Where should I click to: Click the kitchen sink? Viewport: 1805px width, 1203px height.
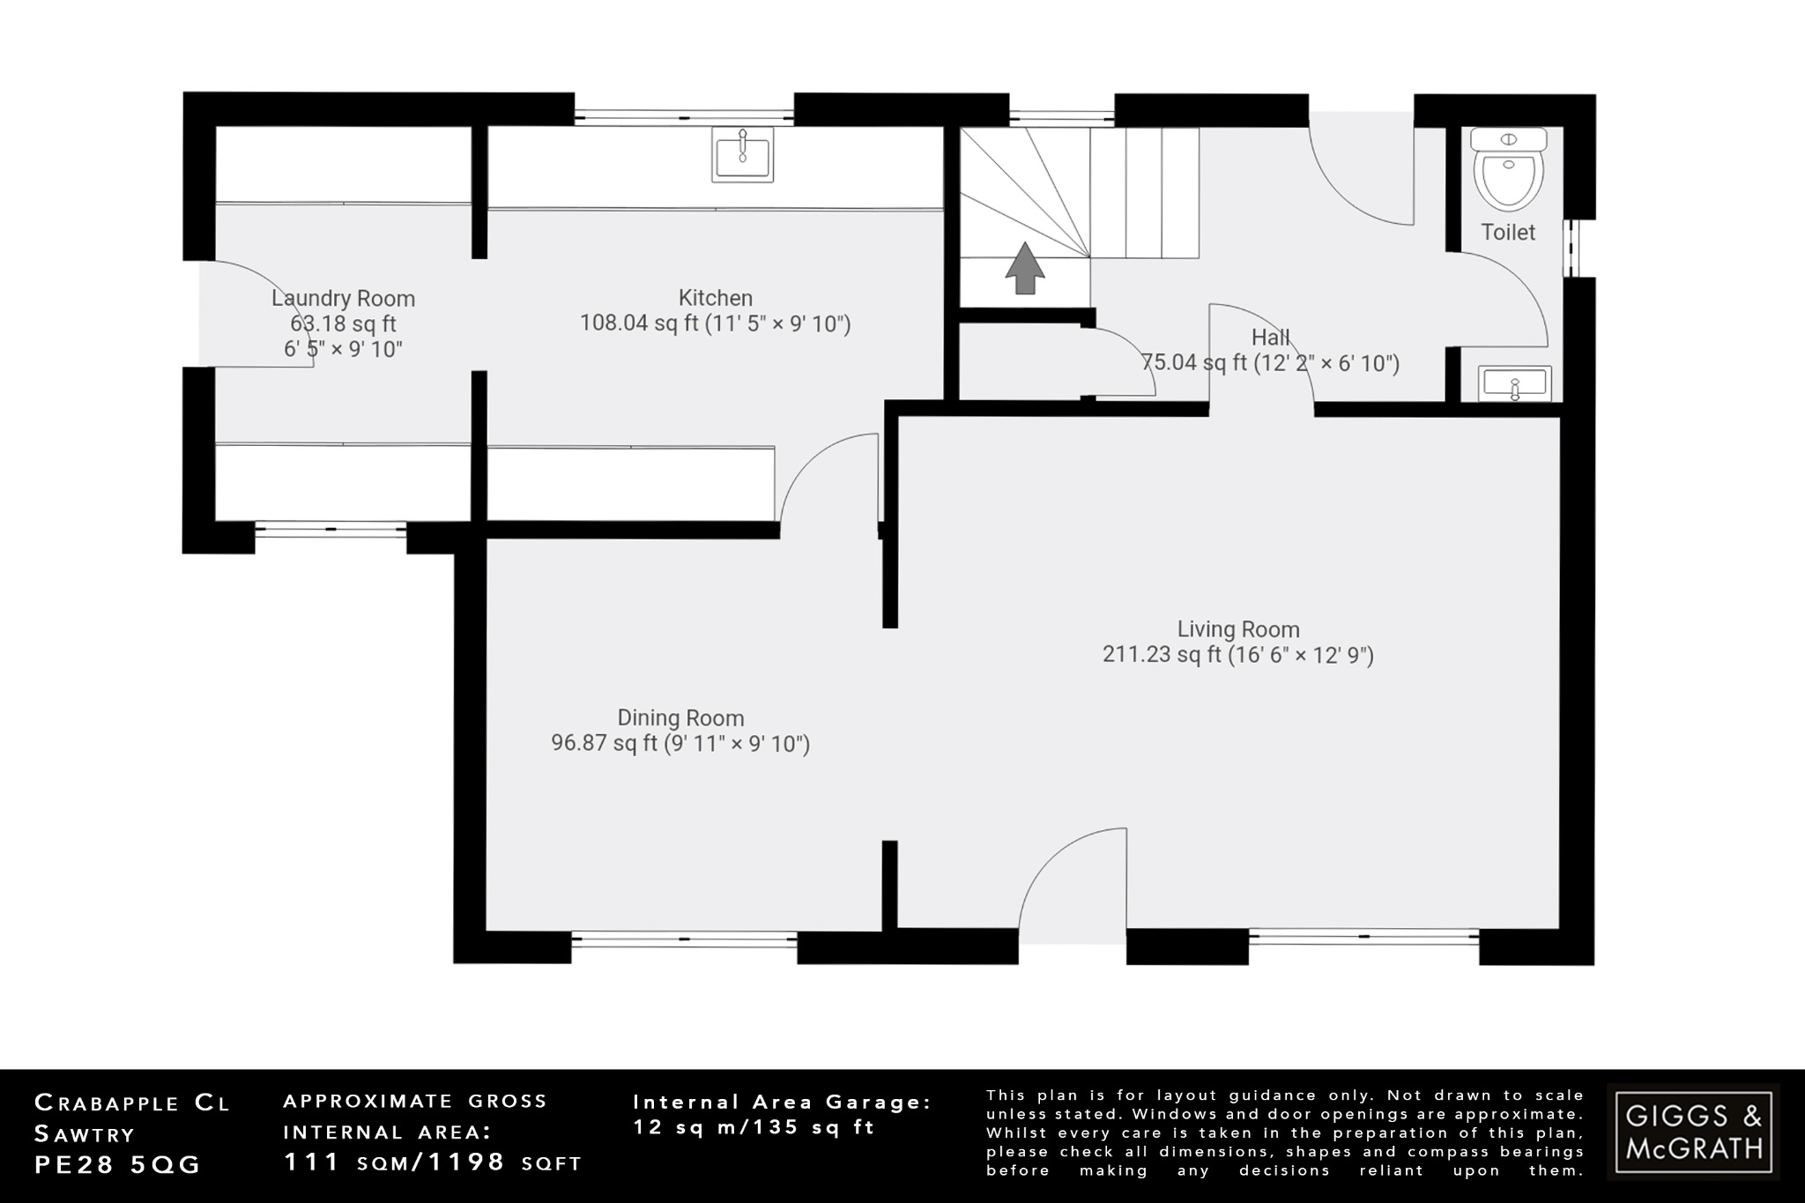pyautogui.click(x=742, y=155)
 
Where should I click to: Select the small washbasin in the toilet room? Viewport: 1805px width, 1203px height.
pyautogui.click(x=1514, y=383)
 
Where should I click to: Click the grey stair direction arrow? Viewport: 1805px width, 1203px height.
pyautogui.click(x=1025, y=268)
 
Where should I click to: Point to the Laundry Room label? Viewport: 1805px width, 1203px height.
pyautogui.click(x=343, y=299)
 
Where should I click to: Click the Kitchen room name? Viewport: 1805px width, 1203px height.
pyautogui.click(x=715, y=298)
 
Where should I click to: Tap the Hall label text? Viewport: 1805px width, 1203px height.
pyautogui.click(x=1270, y=338)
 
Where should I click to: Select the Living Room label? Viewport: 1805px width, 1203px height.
pyautogui.click(x=1238, y=629)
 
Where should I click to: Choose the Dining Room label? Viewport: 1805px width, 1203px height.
pyautogui.click(x=680, y=718)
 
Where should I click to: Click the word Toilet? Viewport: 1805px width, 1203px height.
pyautogui.click(x=1508, y=232)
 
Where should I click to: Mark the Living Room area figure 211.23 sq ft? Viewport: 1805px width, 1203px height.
pyautogui.click(x=1162, y=655)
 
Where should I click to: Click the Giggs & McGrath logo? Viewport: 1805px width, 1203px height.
pyautogui.click(x=1693, y=1132)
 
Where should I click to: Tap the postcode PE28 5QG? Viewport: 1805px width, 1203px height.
pyautogui.click(x=118, y=1164)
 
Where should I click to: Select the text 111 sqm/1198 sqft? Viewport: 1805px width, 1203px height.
pyautogui.click(x=433, y=1162)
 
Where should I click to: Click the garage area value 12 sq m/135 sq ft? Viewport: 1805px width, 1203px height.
pyautogui.click(x=754, y=1127)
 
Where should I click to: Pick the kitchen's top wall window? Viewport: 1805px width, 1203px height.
pyautogui.click(x=684, y=114)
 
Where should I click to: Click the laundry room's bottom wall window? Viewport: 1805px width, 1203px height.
pyautogui.click(x=331, y=529)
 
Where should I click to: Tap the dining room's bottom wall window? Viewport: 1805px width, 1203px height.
pyautogui.click(x=684, y=940)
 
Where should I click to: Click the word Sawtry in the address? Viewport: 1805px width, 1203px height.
pyautogui.click(x=85, y=1133)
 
